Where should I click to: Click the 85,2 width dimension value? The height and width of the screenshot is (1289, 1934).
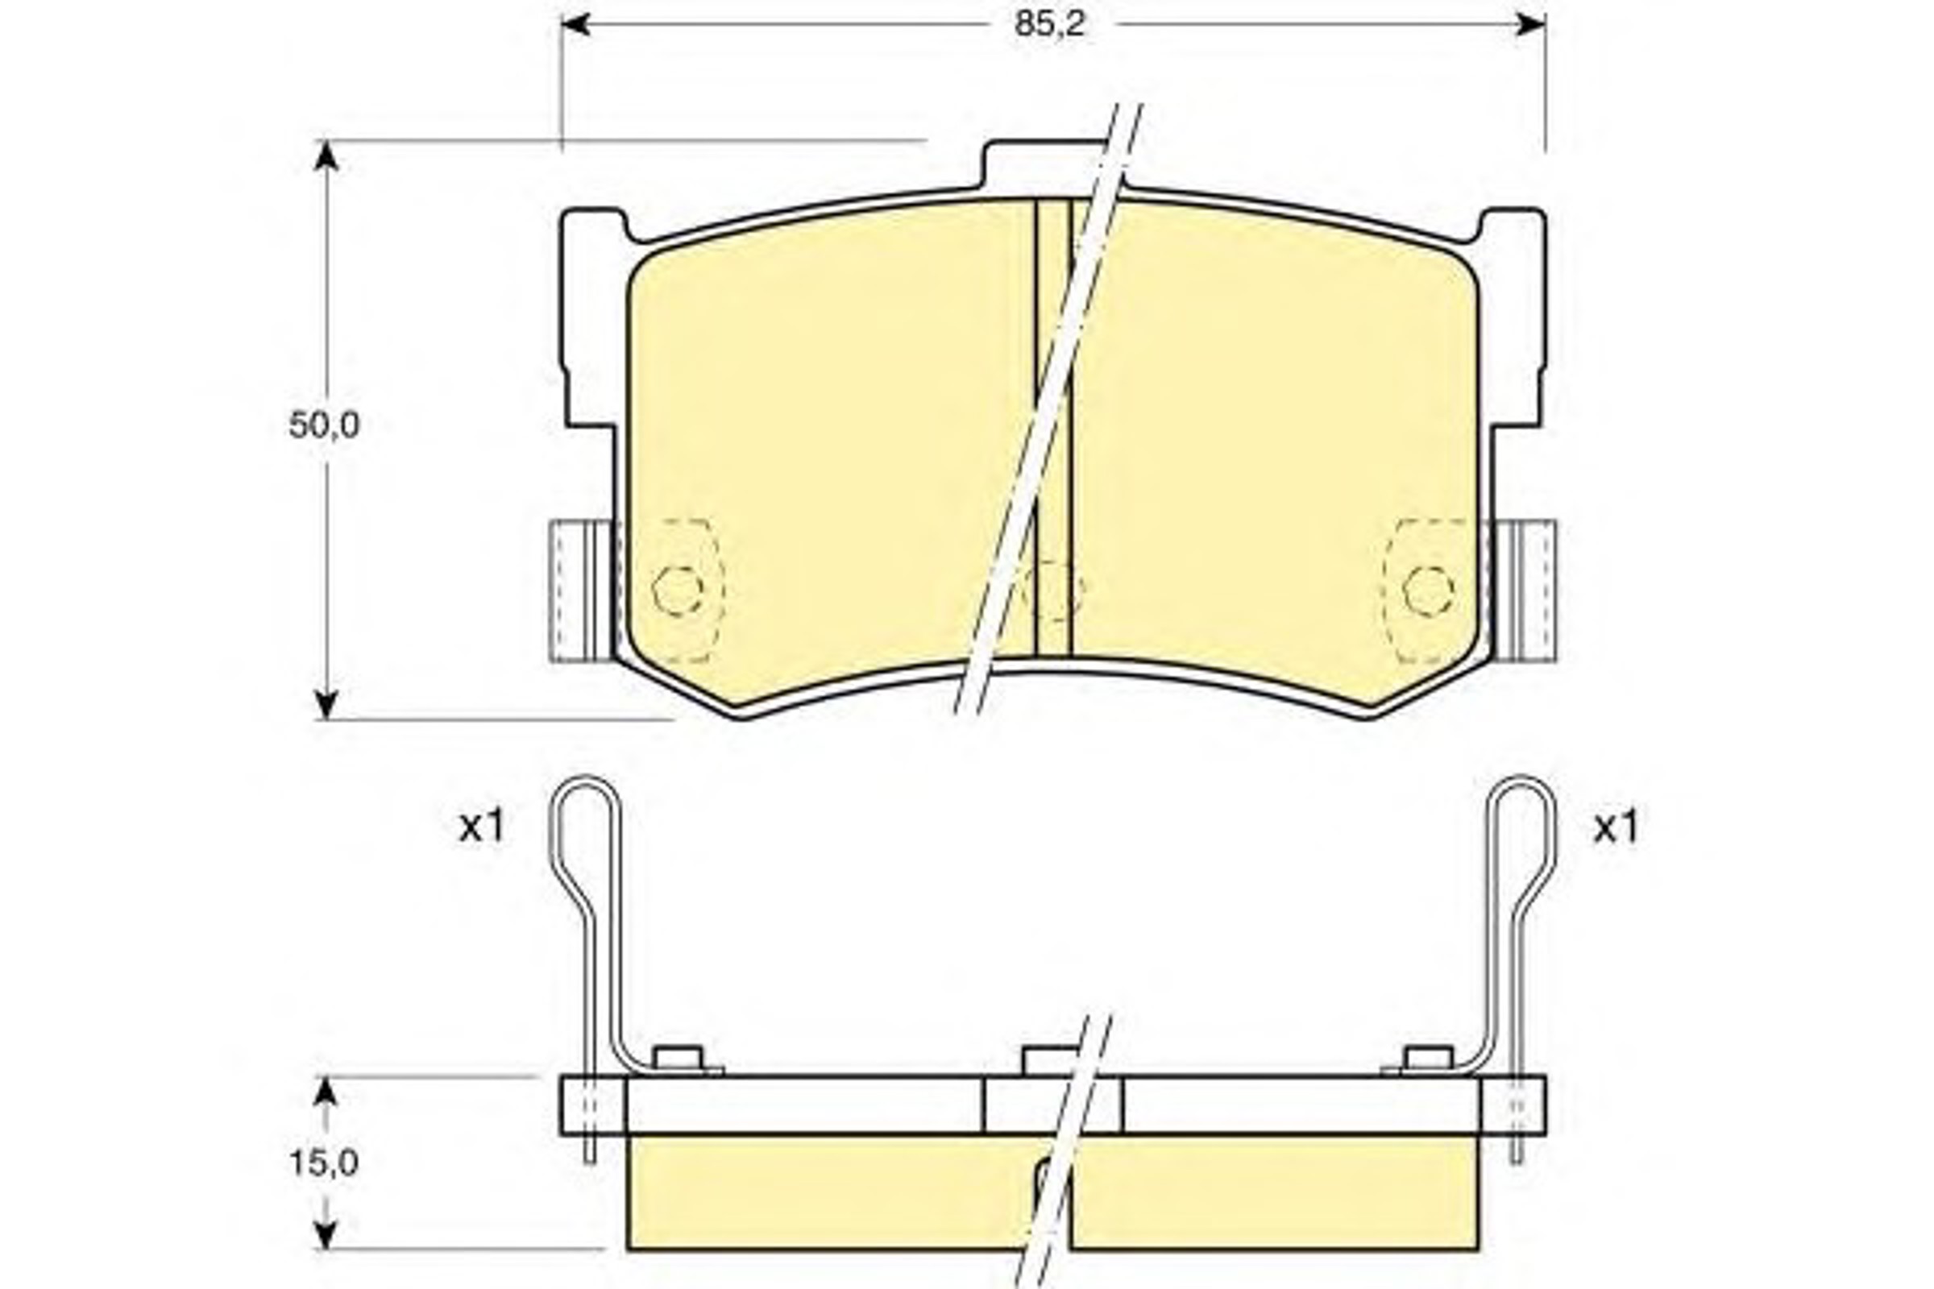1050,25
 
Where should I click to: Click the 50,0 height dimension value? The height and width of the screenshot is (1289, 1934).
324,425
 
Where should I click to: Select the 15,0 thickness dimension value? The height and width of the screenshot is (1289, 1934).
323,1163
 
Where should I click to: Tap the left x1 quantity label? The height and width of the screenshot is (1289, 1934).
481,828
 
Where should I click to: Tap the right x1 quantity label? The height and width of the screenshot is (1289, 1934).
1616,828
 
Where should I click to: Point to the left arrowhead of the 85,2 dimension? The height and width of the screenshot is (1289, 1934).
575,25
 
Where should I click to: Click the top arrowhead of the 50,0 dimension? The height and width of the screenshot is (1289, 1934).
327,155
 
